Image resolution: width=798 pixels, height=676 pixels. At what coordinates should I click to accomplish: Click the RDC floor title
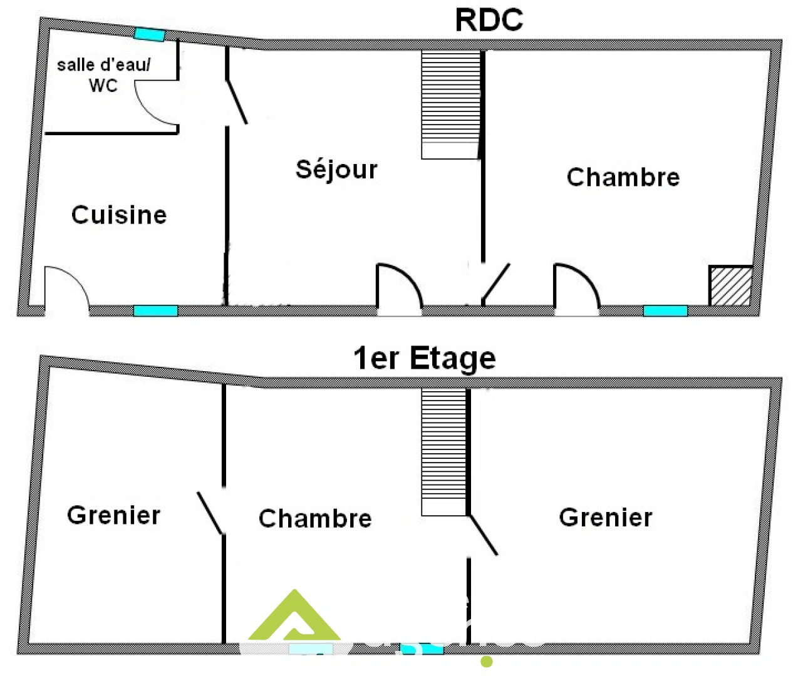489,20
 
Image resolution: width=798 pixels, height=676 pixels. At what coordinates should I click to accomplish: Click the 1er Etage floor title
424,359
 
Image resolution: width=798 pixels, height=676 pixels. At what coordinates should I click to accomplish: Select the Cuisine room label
119,215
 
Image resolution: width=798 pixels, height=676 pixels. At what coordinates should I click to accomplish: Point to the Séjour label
336,169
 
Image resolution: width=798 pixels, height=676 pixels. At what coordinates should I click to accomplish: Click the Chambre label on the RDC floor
623,177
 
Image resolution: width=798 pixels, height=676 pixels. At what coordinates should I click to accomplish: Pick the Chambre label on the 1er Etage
315,518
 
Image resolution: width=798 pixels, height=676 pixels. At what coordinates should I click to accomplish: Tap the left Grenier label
113,515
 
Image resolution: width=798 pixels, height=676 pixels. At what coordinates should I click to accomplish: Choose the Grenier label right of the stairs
605,517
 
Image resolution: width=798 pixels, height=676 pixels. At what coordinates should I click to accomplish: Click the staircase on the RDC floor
450,104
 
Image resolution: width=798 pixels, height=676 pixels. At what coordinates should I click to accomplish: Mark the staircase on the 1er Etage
444,451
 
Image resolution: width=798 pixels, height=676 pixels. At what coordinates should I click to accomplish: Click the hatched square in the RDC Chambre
730,285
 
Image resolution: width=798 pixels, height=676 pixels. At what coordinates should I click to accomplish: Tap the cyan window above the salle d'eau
149,34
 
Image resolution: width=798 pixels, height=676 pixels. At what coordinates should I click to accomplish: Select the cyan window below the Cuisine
155,310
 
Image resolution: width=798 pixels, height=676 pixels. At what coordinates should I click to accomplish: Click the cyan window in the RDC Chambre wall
665,310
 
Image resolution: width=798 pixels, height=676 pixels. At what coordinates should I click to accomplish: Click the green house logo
294,617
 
